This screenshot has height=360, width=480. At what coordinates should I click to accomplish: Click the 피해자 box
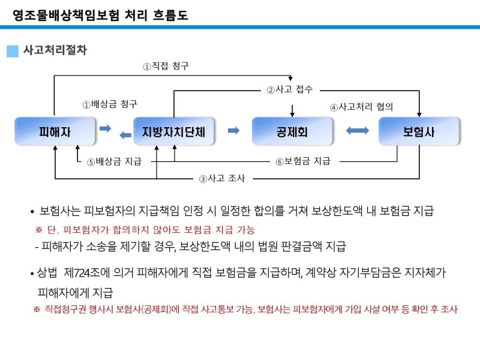(x=55, y=131)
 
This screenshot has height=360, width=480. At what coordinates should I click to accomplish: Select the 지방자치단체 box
(x=173, y=131)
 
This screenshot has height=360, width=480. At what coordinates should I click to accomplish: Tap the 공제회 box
(x=292, y=131)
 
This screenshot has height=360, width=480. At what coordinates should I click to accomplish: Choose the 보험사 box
(x=419, y=131)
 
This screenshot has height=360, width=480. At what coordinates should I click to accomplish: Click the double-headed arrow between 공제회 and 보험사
(x=357, y=131)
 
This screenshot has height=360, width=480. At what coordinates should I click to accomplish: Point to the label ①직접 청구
(x=166, y=66)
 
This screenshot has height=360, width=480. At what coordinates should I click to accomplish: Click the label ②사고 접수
(x=290, y=89)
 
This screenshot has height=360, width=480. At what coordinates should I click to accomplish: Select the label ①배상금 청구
(x=110, y=104)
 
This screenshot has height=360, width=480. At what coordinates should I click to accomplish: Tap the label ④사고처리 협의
(x=361, y=107)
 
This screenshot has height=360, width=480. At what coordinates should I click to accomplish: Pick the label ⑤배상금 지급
(x=114, y=161)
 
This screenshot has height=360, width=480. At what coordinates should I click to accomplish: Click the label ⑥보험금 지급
(x=303, y=161)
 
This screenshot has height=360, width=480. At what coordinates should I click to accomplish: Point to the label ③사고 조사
(x=222, y=178)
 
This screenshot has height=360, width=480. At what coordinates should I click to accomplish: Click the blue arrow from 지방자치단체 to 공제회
(x=233, y=131)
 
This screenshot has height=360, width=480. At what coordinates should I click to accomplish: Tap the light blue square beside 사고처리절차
(x=13, y=51)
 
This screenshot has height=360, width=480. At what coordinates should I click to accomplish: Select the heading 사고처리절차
(x=55, y=50)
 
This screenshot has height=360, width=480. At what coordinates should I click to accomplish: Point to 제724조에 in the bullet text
(x=86, y=272)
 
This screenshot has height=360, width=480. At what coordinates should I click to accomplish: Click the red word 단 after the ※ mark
(x=51, y=230)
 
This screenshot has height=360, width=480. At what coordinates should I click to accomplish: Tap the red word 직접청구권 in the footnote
(x=65, y=309)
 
